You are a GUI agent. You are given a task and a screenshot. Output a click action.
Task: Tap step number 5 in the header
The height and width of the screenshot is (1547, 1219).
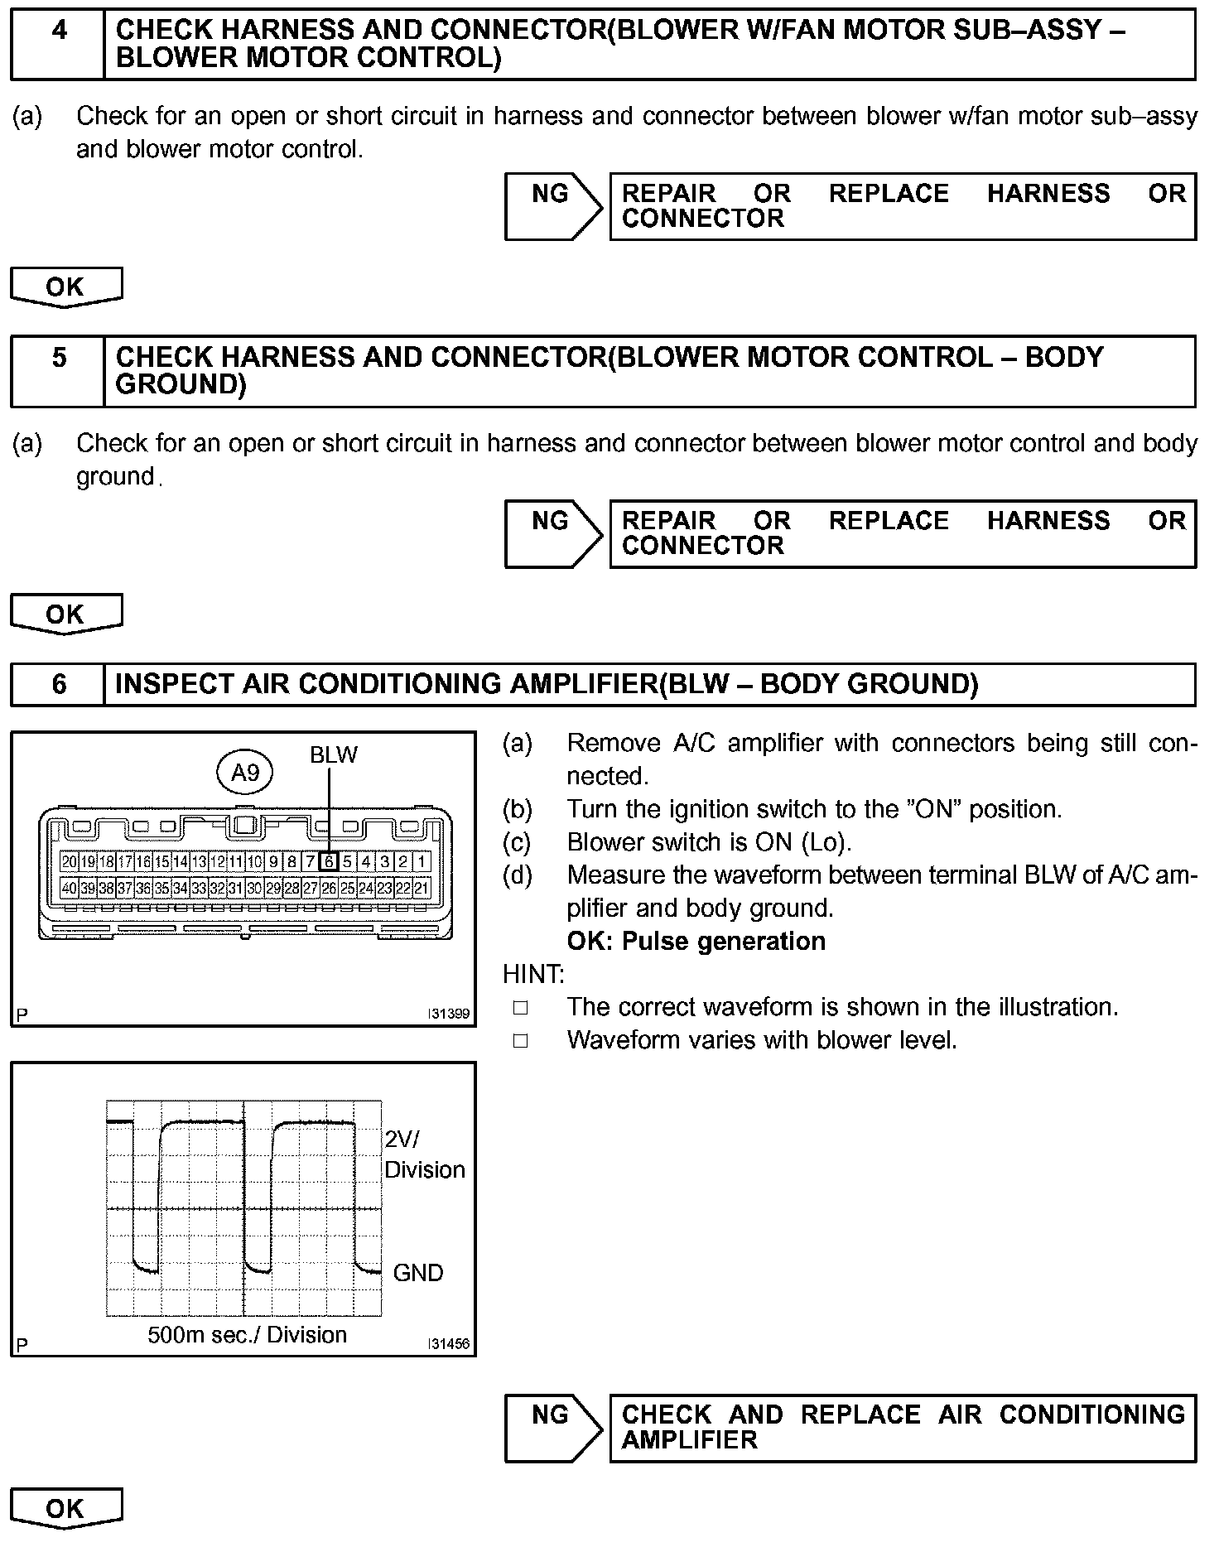59,358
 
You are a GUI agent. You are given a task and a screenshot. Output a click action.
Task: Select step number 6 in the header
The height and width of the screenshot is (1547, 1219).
59,684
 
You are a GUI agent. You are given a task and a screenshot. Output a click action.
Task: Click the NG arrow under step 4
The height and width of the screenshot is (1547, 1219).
553,206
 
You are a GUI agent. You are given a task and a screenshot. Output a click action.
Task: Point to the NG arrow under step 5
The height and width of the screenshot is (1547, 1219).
553,533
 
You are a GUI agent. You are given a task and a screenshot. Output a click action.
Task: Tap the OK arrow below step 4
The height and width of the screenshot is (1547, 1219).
65,287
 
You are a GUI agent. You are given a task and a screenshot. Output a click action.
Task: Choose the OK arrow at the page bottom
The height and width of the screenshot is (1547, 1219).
65,1509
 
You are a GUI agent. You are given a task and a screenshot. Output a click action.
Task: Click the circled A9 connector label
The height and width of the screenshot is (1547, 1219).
245,773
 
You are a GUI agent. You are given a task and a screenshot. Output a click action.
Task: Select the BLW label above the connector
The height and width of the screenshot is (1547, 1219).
334,754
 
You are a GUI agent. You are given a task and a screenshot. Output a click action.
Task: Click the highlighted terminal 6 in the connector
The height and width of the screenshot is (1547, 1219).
329,861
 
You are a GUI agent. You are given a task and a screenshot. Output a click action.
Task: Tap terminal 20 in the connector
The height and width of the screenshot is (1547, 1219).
70,861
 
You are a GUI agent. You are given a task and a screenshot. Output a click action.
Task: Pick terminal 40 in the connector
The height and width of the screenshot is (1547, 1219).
70,889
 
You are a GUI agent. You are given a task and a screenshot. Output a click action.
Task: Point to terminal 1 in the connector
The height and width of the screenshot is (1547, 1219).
422,861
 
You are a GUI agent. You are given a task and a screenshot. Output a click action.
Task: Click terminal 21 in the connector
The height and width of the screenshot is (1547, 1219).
422,889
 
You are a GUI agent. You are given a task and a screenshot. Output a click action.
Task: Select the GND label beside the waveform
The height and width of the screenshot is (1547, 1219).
418,1272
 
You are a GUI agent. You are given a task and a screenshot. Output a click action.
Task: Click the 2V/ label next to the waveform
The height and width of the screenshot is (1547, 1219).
402,1140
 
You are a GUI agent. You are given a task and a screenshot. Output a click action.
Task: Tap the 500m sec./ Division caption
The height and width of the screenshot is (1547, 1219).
247,1335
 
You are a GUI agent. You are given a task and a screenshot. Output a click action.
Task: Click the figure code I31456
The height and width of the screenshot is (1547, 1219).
449,1344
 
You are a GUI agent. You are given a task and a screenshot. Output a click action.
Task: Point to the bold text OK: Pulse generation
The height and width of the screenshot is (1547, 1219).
696,941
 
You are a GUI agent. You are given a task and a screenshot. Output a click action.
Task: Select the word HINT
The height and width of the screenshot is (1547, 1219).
532,974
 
